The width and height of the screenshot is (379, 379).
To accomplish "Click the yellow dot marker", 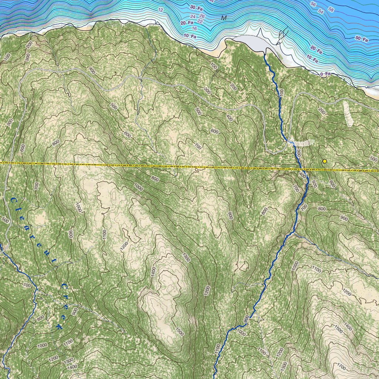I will [x=325, y=161].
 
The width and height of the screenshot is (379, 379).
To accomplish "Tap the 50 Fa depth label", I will [x=362, y=39].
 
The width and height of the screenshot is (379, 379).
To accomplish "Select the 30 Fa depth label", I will [x=197, y=7].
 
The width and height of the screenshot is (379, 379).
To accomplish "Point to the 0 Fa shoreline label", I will [x=325, y=74].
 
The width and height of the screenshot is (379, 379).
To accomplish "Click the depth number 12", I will [x=160, y=10].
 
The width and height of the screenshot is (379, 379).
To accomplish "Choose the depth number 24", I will [x=193, y=17].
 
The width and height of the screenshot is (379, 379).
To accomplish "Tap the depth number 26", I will [x=202, y=16].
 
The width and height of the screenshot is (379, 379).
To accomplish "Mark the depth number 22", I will [x=199, y=21].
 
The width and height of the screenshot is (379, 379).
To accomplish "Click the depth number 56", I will [x=313, y=4].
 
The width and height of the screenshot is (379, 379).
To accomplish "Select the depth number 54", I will [x=321, y=12].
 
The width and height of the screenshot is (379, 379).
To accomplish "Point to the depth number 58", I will [x=331, y=9].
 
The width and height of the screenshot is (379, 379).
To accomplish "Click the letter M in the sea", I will [x=224, y=18].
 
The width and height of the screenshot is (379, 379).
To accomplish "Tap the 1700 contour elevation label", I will [x=342, y=368].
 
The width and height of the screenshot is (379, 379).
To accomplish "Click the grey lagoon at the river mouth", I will [x=252, y=43].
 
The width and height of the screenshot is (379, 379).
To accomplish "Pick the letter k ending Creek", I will [x=58, y=326].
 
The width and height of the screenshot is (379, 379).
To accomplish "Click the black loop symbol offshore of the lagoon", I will [x=282, y=35].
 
